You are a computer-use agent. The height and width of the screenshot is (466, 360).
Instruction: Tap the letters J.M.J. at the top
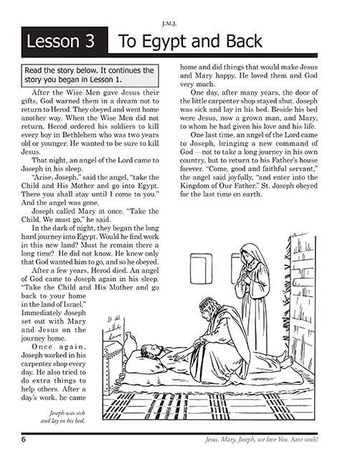pos(179,10)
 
